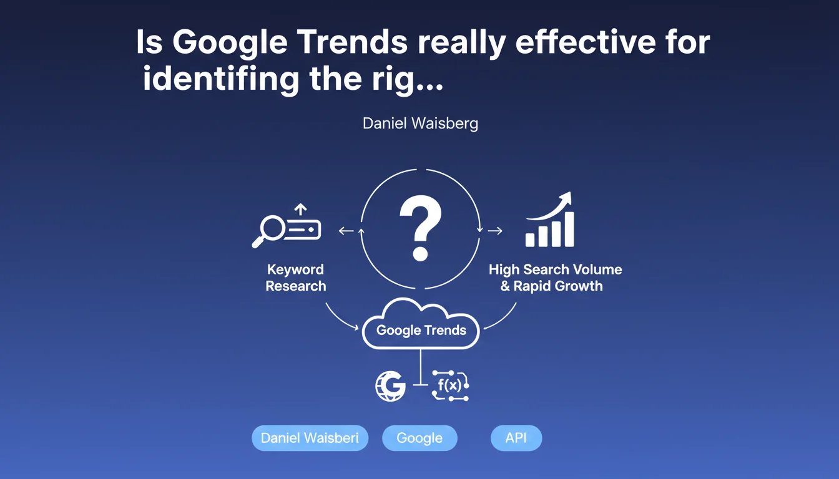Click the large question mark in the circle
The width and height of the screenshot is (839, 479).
(420, 228)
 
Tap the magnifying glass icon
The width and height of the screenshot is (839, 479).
(269, 231)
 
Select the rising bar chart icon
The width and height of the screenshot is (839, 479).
(550, 220)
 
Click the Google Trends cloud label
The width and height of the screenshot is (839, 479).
(421, 330)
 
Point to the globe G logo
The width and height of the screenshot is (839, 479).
(390, 386)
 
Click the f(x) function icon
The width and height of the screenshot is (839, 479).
(450, 385)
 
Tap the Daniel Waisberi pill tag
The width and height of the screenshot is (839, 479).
(310, 438)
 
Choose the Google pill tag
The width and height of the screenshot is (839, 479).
(419, 438)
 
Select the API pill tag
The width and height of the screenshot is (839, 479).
(516, 438)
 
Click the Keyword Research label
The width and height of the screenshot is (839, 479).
(295, 278)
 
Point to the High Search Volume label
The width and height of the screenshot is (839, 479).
(555, 269)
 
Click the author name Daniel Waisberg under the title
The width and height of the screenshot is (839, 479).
(420, 123)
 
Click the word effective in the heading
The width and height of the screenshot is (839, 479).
(586, 42)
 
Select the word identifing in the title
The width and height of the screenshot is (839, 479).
(221, 79)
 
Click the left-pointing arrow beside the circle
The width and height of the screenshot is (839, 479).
(346, 231)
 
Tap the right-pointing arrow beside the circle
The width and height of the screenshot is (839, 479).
(495, 231)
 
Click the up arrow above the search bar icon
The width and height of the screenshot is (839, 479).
(300, 210)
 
